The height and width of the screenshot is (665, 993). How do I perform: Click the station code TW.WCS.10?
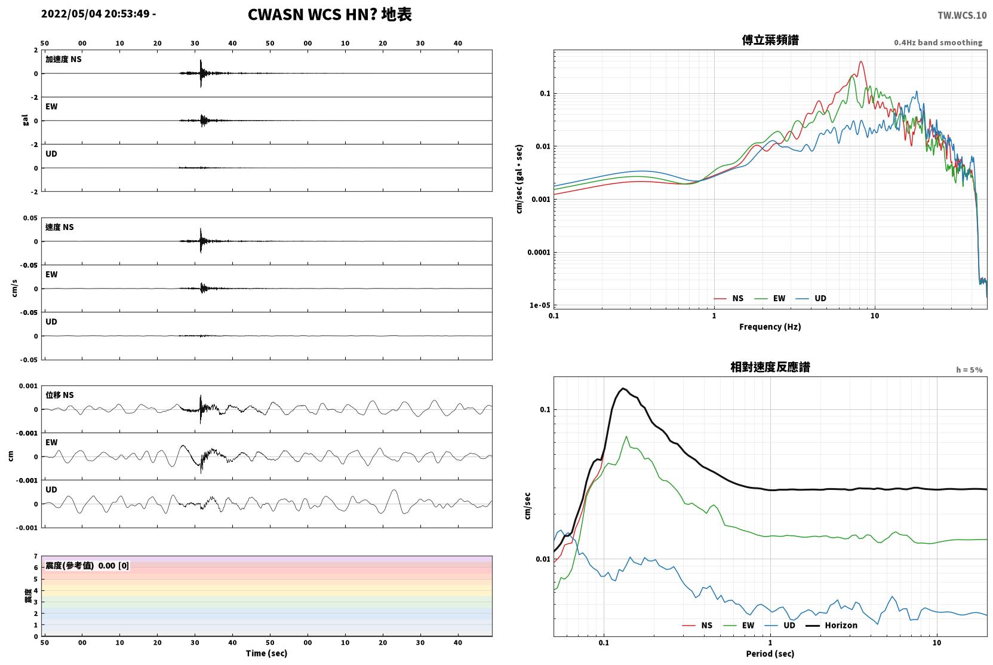961,16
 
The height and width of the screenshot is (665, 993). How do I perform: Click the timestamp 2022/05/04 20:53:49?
96,14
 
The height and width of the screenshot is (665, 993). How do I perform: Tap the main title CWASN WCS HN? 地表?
330,14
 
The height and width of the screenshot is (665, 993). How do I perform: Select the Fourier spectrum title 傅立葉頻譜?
770,40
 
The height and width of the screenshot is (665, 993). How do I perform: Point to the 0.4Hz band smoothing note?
938,42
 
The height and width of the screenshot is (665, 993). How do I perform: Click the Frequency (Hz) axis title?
770,327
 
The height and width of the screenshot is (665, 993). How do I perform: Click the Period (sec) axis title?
770,654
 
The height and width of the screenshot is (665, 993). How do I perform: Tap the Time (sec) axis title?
266,653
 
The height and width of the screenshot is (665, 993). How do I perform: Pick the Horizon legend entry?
831,625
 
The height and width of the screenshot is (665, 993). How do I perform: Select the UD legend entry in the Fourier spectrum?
811,298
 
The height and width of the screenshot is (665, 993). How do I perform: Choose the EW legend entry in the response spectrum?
739,625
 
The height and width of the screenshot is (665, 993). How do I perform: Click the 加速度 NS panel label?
63,59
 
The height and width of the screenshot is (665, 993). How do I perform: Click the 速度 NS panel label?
59,227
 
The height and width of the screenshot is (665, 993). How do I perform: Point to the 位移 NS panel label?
59,395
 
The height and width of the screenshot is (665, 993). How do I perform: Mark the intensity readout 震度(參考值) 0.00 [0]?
87,566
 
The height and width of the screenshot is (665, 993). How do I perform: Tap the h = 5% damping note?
969,369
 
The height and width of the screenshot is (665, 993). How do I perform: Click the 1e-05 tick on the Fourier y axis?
540,305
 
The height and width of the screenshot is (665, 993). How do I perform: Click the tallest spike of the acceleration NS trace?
201,60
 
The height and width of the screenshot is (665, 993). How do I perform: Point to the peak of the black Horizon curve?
623,388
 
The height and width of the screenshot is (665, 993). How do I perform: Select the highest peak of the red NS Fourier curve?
861,62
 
